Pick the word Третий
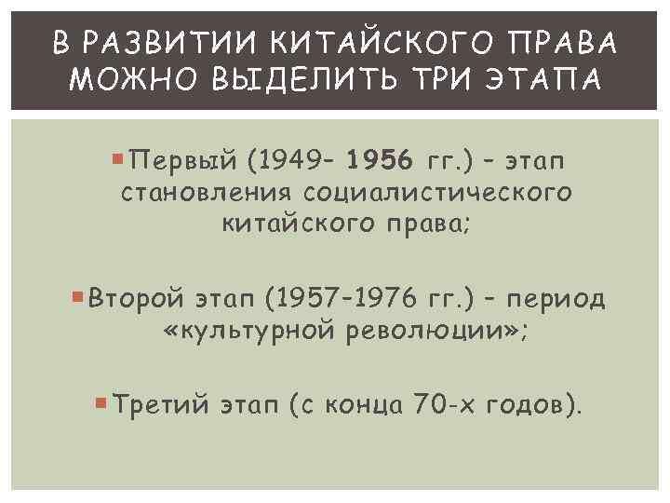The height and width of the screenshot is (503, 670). pos(152,405)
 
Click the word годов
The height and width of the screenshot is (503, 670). pos(524,405)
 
